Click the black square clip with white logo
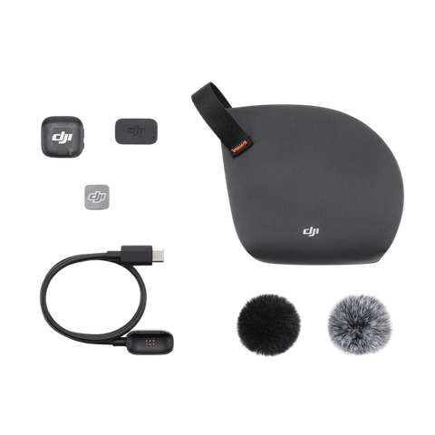(61, 137)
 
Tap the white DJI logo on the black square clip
(61, 137)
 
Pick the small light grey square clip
(97, 195)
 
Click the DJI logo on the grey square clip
(97, 194)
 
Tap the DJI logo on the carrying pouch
(310, 232)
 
